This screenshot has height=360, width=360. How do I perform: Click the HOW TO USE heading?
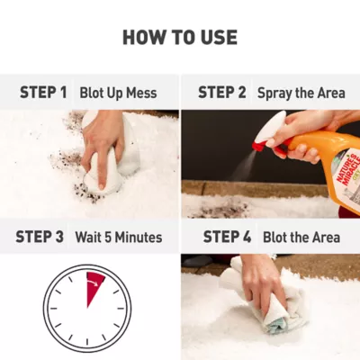(x=180, y=38)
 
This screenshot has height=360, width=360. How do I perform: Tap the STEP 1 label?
(x=43, y=93)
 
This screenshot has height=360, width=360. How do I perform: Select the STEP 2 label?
(x=222, y=93)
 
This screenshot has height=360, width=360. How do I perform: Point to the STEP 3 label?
(x=40, y=237)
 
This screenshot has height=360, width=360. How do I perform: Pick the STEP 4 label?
(x=227, y=237)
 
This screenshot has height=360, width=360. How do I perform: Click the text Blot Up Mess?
(x=118, y=93)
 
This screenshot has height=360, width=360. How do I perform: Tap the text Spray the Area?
(x=301, y=93)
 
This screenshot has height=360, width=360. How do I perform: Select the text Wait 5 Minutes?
(x=119, y=237)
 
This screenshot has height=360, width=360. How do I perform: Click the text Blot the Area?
(x=301, y=237)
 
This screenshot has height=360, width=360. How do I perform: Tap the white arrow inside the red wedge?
(x=94, y=283)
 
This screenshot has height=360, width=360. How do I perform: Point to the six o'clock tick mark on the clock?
(x=87, y=342)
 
